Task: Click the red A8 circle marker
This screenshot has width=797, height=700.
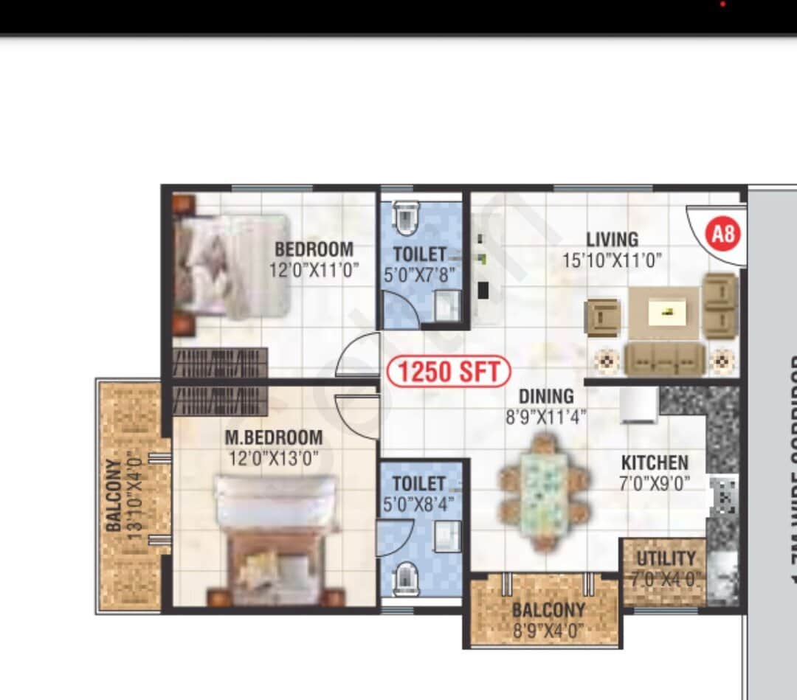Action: coord(724,235)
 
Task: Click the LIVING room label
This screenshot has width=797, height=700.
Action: coord(612,240)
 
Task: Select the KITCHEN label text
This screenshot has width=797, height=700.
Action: coord(655,463)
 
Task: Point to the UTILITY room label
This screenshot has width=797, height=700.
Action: coord(666,558)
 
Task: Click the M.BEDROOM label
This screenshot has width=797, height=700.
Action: coord(274,438)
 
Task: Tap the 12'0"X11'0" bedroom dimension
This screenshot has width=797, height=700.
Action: coord(314,270)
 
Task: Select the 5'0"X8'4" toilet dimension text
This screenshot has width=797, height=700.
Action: coord(419,505)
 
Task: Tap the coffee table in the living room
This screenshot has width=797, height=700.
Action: coord(663,313)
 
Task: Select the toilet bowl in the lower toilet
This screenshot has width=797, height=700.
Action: coord(405,579)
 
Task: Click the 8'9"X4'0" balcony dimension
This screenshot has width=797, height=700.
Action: coord(548,631)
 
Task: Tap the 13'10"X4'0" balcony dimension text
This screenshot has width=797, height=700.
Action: coord(135,496)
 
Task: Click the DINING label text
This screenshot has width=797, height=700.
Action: coord(545,397)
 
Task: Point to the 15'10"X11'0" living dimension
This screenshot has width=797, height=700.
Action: coord(612,260)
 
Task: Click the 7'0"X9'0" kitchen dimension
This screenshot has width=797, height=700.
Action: coord(655,484)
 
